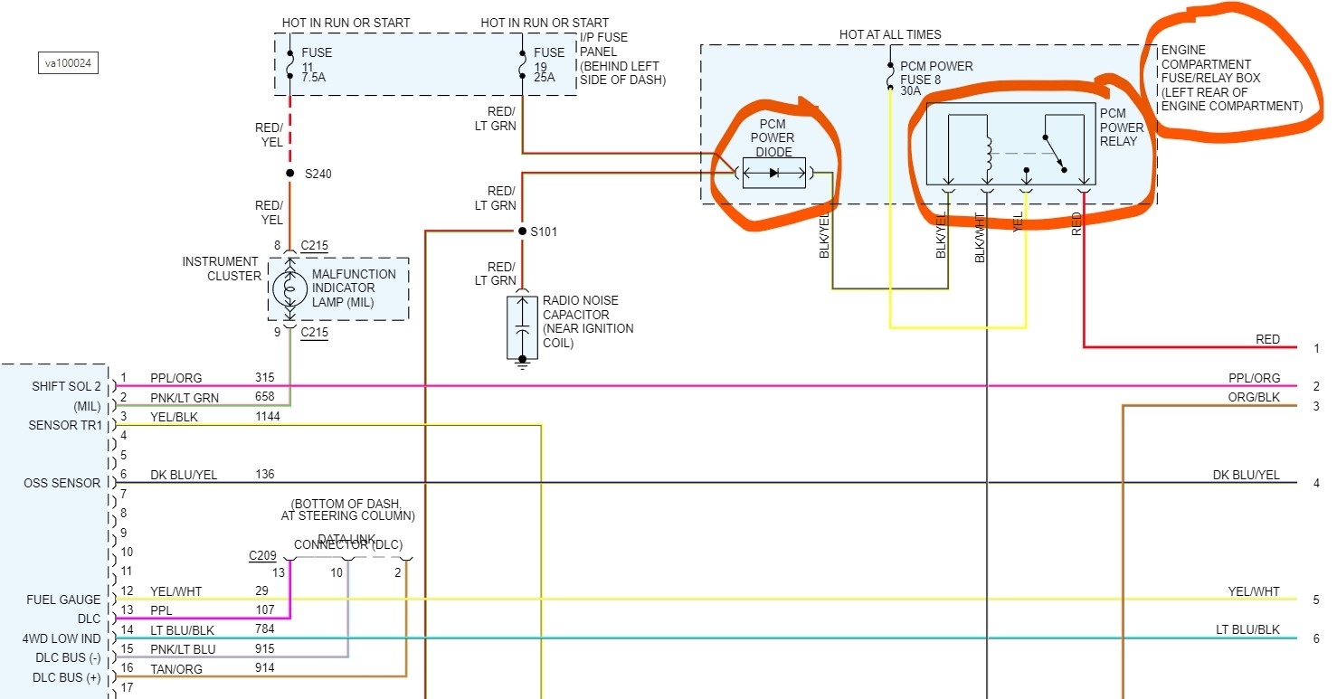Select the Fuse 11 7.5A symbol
289,65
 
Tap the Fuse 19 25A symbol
523,65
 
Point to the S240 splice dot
289,173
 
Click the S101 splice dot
522,231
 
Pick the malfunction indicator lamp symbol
289,288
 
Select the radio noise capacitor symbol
522,327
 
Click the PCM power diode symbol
773,173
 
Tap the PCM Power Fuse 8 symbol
890,78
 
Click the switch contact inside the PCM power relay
1055,153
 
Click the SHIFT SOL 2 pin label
65,387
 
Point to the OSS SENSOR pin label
62,483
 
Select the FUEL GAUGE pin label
64,600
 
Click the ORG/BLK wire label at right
1253,398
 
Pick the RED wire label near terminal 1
1267,339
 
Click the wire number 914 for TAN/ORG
265,668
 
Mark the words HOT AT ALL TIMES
890,34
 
